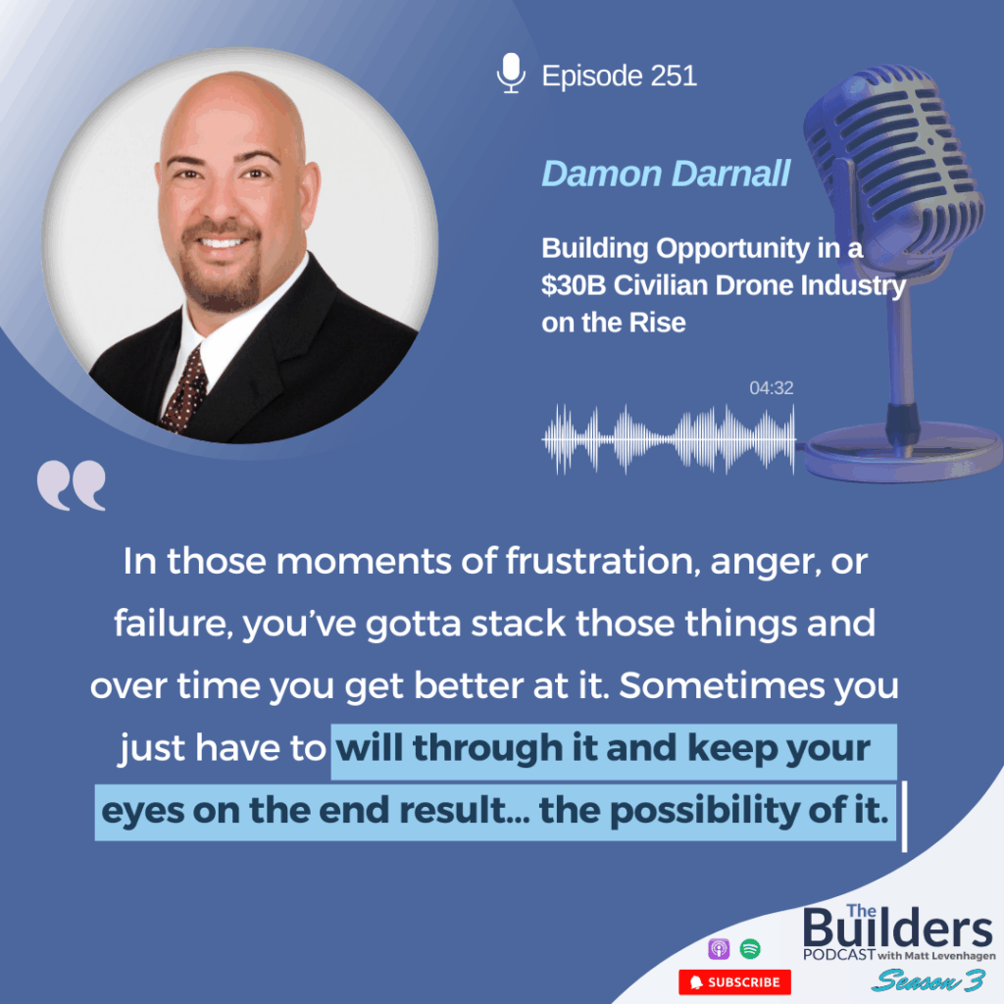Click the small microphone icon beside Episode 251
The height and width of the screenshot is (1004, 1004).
click(x=511, y=73)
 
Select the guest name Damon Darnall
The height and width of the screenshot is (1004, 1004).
click(x=666, y=174)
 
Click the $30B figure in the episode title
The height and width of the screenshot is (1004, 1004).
click(x=573, y=285)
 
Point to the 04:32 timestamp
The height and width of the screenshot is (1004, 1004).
click(x=771, y=387)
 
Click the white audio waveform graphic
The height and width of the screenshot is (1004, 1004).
click(x=669, y=439)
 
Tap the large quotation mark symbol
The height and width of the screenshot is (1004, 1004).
click(x=71, y=484)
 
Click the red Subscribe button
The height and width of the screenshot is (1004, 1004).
click(x=734, y=981)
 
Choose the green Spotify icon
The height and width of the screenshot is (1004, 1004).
click(x=750, y=948)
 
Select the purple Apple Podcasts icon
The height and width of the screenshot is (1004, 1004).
click(x=719, y=948)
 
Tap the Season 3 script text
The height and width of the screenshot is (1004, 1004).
click(x=929, y=980)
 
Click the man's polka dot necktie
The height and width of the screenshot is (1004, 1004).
click(x=184, y=391)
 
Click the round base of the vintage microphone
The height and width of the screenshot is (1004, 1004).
click(x=903, y=451)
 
